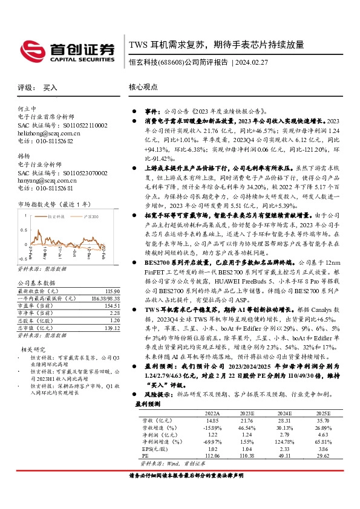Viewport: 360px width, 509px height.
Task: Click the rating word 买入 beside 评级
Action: [x=50, y=88]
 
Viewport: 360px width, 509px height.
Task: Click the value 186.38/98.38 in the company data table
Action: [x=105, y=299]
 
